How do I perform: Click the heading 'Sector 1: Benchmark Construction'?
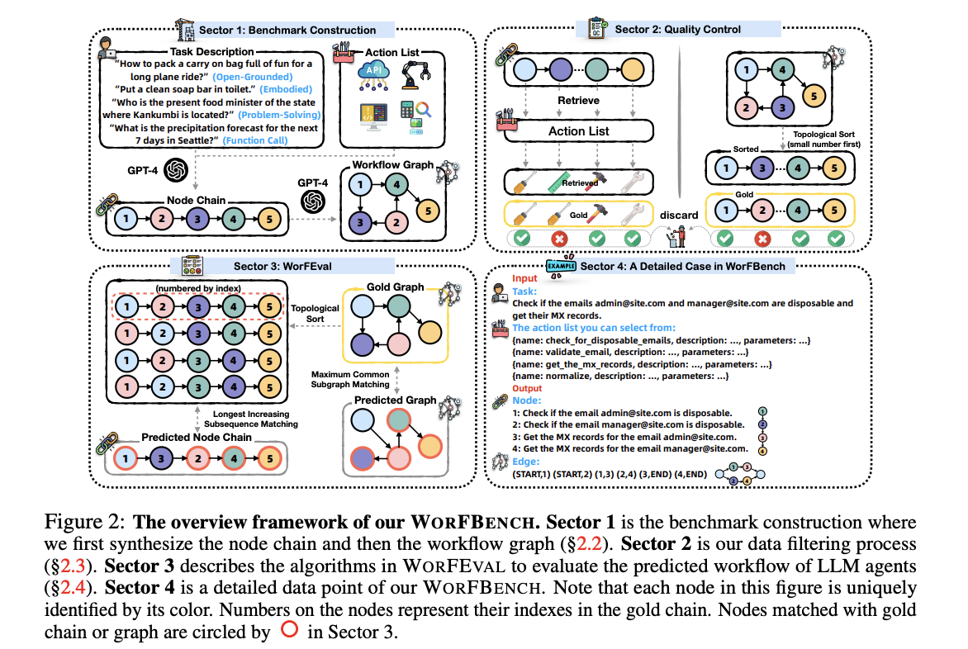287,31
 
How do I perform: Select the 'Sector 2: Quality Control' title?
677,29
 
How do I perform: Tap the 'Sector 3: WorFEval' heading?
282,267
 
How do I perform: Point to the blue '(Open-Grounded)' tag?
253,77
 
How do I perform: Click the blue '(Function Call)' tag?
255,140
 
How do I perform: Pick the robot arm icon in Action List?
415,75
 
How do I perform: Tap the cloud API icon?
373,75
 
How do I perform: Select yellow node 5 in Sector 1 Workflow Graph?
428,211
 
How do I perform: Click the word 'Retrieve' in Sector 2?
578,101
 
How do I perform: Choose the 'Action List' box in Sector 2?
578,130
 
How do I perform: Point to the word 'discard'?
678,216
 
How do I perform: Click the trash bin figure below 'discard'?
678,236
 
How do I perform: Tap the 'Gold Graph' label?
395,287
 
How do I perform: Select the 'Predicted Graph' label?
395,400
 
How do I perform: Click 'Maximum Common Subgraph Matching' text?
350,379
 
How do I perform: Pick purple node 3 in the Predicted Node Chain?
161,458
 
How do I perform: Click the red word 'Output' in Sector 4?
527,388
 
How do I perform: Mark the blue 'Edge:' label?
525,462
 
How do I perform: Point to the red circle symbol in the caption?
290,629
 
